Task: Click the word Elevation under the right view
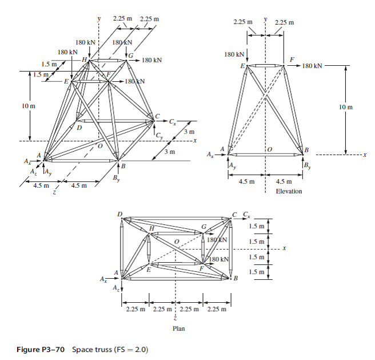click(289, 191)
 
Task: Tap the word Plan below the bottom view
click(178, 329)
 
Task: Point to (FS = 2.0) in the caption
click(131, 349)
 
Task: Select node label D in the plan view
click(120, 214)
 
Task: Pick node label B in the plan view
click(235, 279)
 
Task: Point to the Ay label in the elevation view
click(232, 166)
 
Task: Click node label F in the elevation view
click(292, 60)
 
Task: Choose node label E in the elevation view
click(242, 67)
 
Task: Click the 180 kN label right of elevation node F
click(313, 66)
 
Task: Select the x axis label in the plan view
click(283, 248)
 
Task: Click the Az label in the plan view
click(116, 286)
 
